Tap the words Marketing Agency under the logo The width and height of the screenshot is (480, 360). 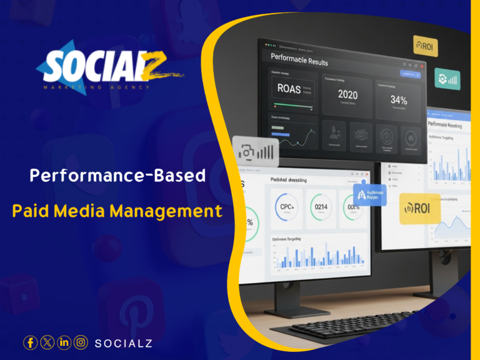97,87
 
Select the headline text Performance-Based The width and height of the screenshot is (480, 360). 117,176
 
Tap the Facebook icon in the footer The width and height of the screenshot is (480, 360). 30,342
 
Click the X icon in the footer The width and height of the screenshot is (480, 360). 47,342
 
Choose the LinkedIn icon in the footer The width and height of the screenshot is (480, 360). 64,342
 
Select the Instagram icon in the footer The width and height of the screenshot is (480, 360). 81,342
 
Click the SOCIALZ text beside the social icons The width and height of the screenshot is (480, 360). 123,343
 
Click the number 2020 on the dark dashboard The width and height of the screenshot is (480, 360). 347,95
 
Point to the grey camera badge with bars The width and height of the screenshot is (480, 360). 256,152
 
